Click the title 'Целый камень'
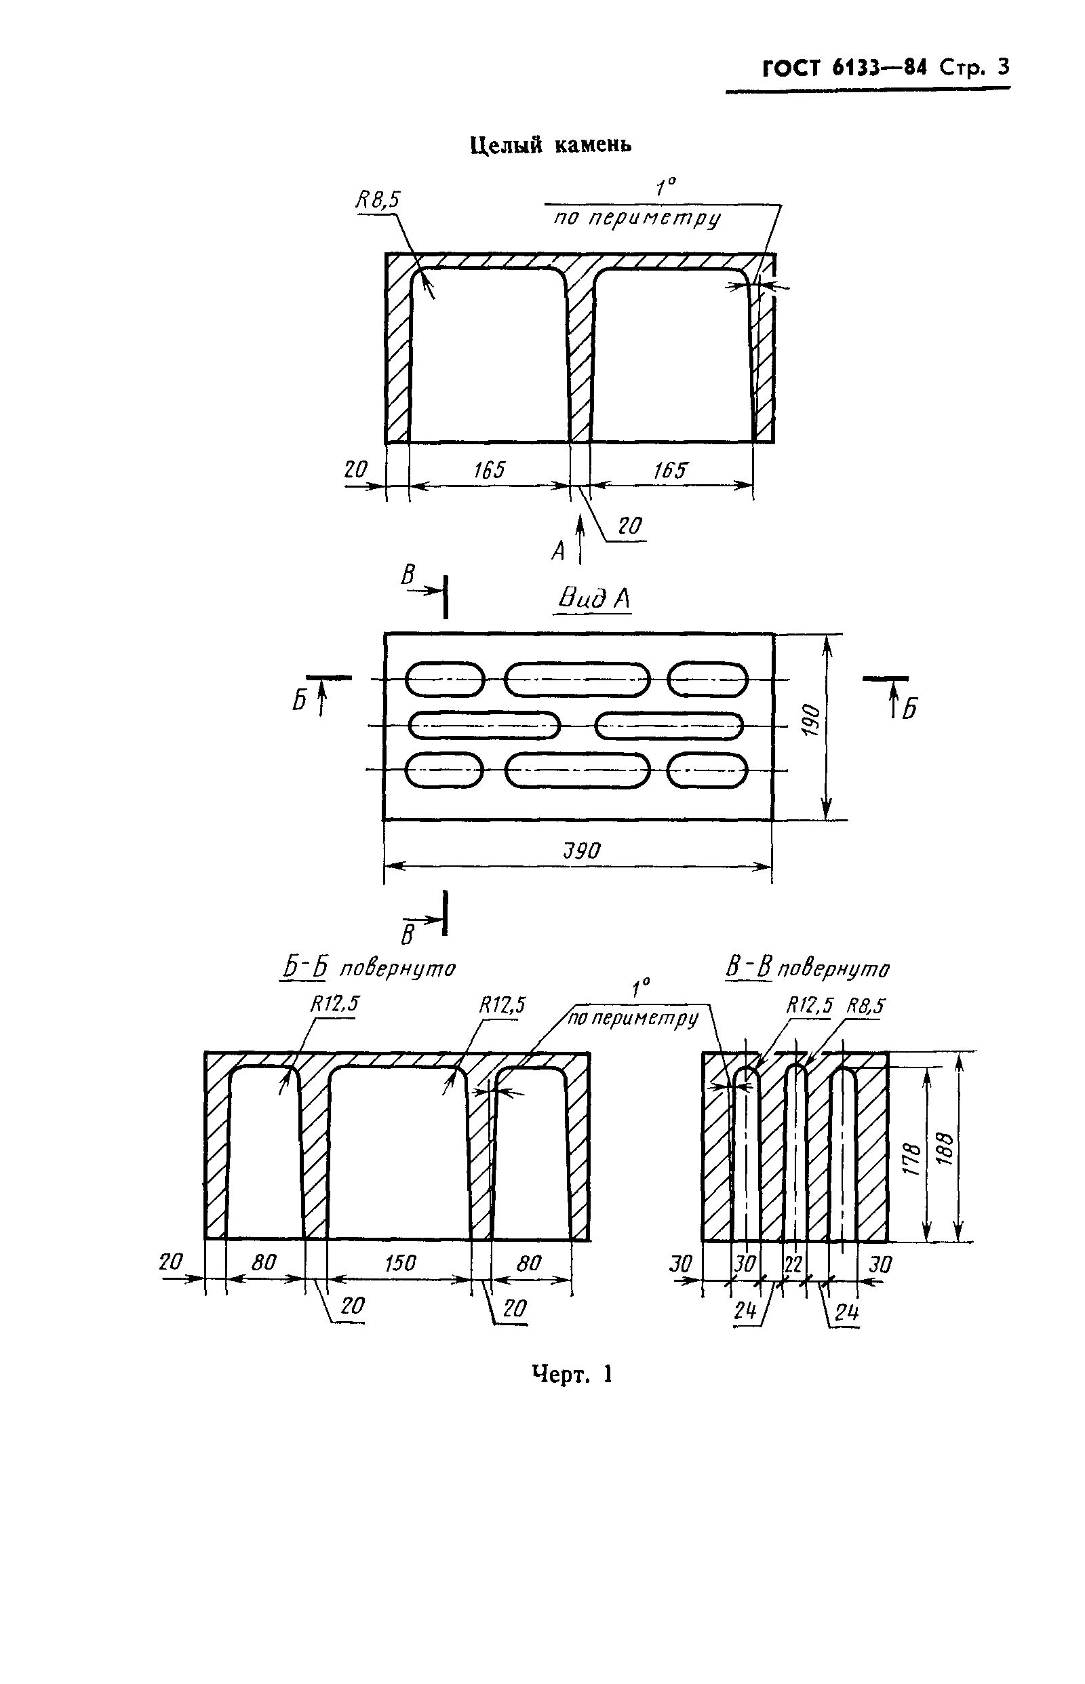[551, 145]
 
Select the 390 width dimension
[582, 851]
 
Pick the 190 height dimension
[812, 720]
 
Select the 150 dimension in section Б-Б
[400, 1263]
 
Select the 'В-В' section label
[749, 967]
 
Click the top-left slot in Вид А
[445, 680]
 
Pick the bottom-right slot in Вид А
[707, 770]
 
